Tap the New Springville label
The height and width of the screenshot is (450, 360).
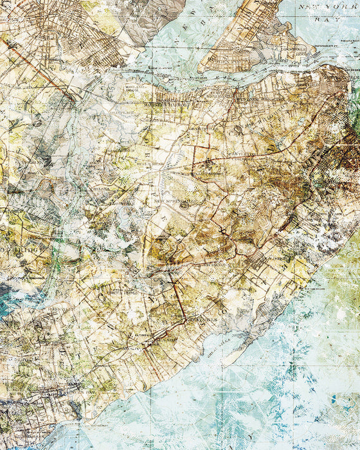[x=170, y=201]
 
